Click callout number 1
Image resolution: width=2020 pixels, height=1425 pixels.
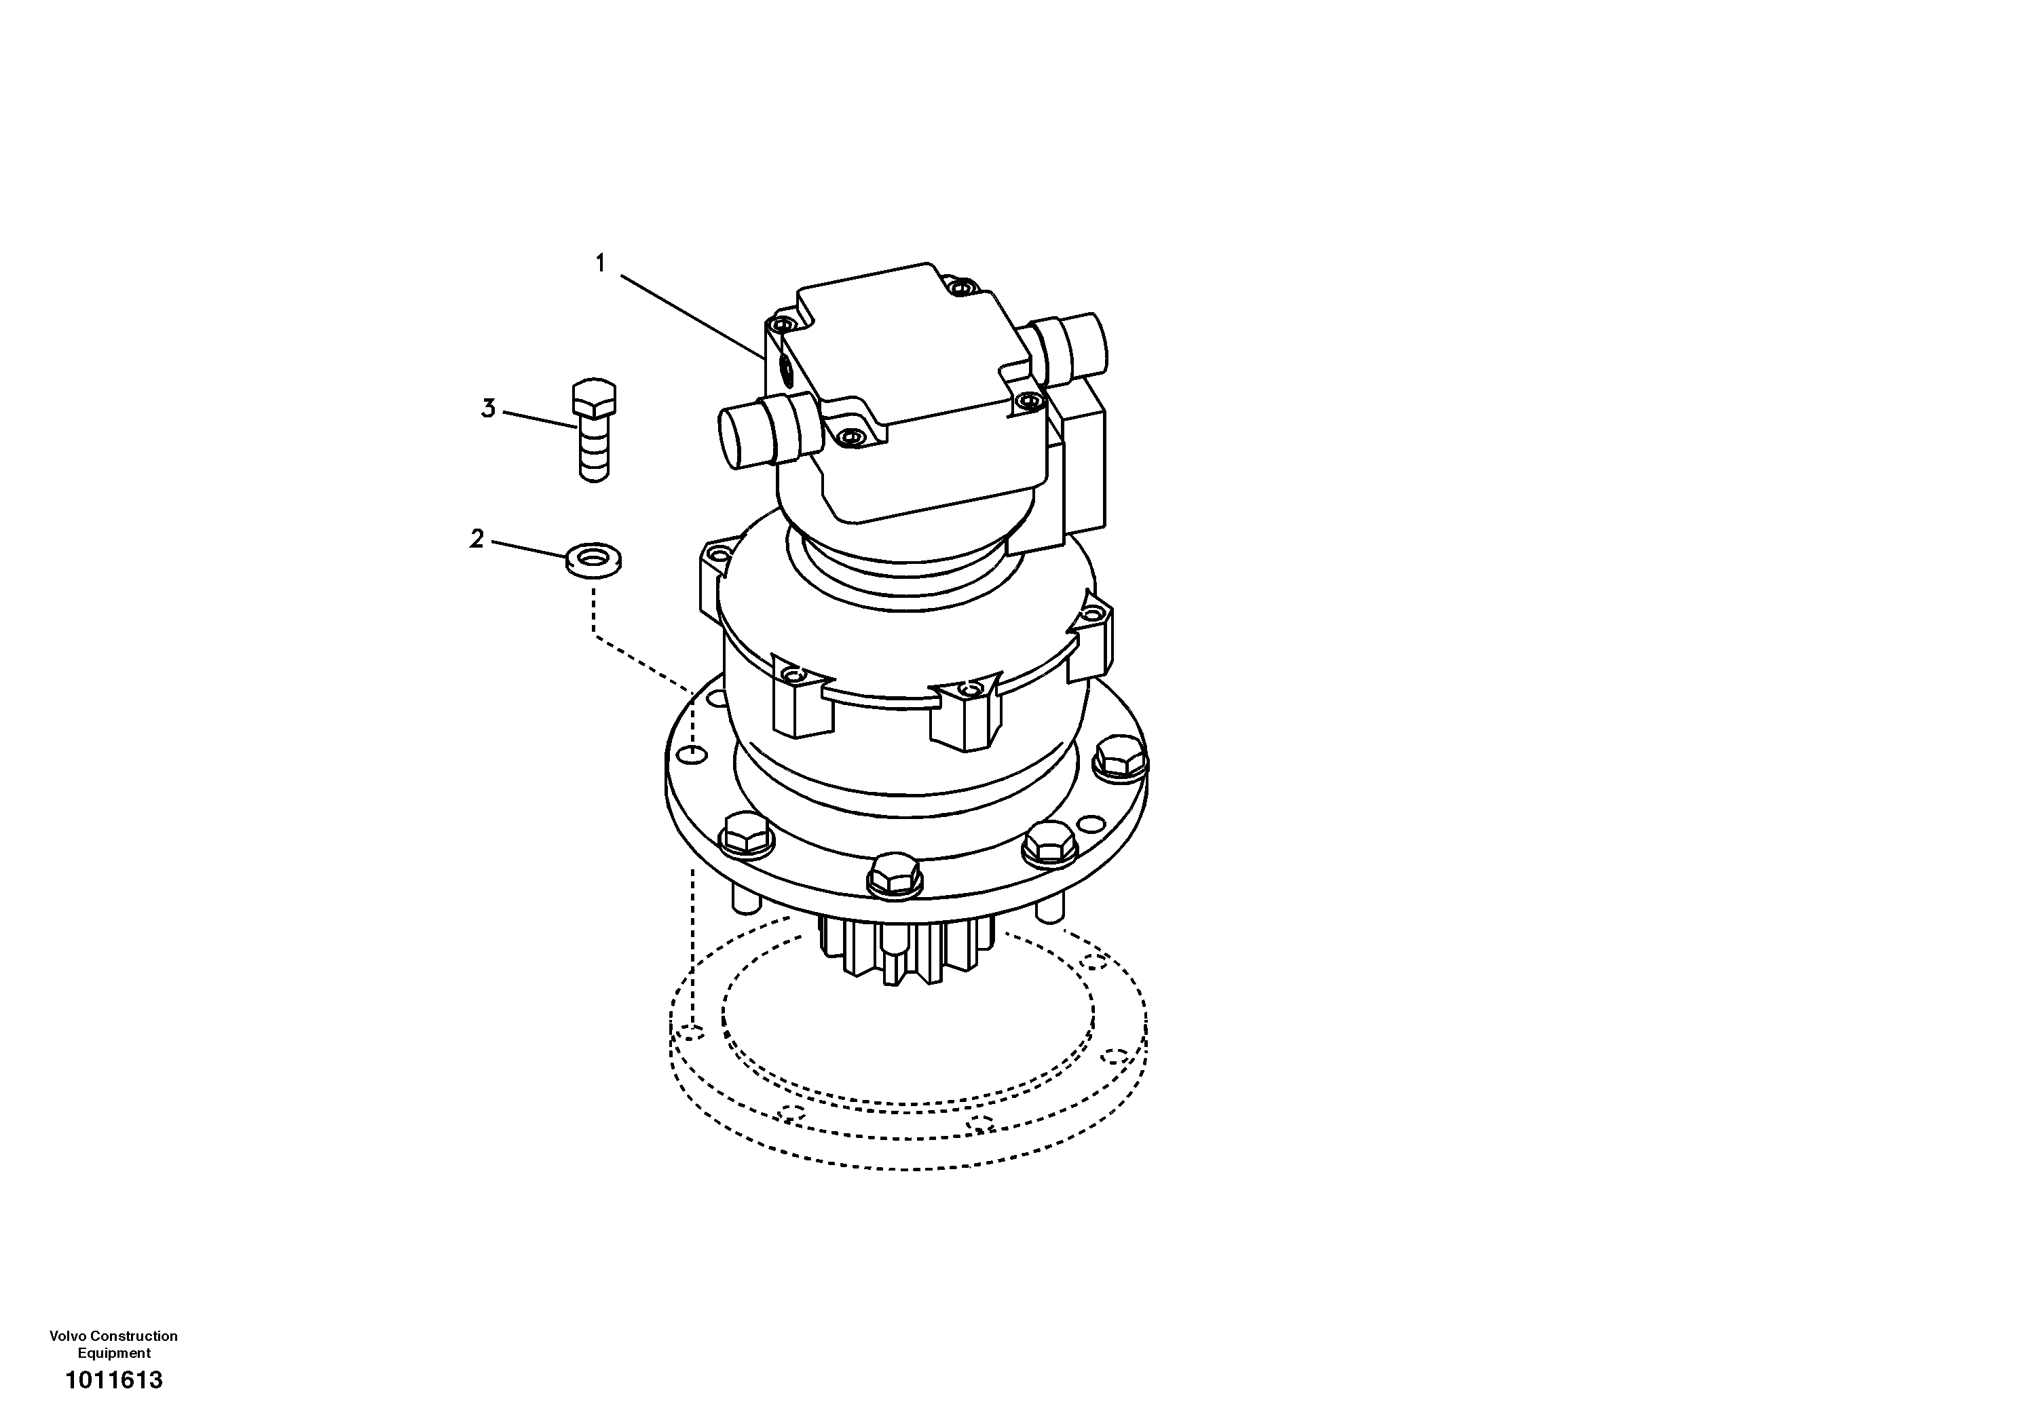[x=600, y=263]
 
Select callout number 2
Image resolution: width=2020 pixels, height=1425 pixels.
[x=477, y=538]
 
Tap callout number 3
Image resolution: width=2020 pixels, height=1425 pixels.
[x=488, y=409]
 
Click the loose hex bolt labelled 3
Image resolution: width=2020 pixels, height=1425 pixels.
[x=595, y=430]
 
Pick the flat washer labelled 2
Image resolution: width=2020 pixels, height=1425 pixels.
[x=594, y=559]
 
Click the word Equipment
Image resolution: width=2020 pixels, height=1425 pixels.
[x=113, y=1353]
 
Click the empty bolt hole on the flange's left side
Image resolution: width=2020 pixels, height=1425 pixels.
[x=695, y=755]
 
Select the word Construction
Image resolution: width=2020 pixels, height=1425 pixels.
[x=137, y=1336]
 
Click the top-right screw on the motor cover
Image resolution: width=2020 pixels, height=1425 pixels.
[x=965, y=287]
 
